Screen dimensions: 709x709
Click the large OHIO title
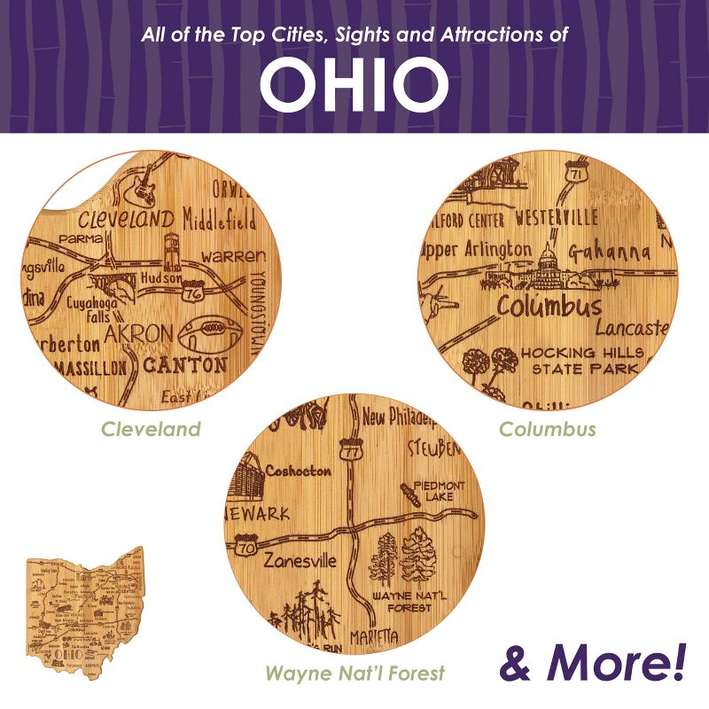point(354,83)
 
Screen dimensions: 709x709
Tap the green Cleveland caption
point(151,430)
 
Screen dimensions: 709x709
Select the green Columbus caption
point(547,430)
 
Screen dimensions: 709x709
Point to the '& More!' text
point(593,660)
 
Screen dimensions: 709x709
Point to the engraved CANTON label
point(184,364)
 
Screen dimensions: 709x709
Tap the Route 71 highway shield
point(577,172)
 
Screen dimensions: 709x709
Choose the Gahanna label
point(609,252)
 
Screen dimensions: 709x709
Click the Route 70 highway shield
point(249,547)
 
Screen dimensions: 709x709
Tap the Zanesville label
point(299,561)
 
